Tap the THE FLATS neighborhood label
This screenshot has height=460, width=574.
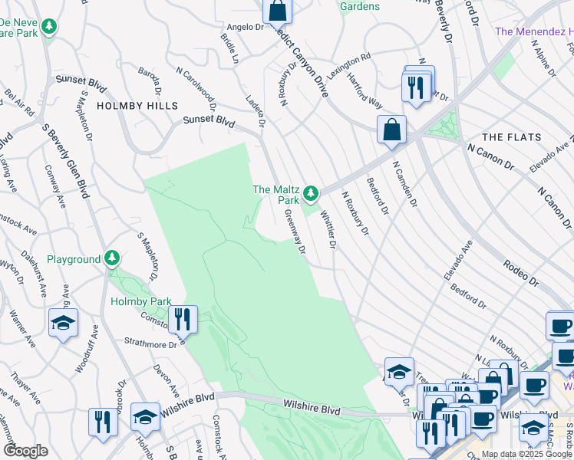[x=511, y=137]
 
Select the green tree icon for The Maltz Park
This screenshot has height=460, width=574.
[x=311, y=193]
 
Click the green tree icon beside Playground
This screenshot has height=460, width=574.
[x=113, y=259]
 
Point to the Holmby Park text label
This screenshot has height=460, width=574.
[x=140, y=301]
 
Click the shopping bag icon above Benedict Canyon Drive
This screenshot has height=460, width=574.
[x=278, y=11]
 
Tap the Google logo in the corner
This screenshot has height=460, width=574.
[x=25, y=451]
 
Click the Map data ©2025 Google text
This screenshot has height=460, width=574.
[x=526, y=454]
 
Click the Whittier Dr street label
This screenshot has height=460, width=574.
[x=328, y=230]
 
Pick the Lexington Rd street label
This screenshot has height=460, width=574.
[x=348, y=67]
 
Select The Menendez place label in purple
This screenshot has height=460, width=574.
[x=534, y=31]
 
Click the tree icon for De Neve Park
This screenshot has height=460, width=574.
[x=50, y=28]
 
